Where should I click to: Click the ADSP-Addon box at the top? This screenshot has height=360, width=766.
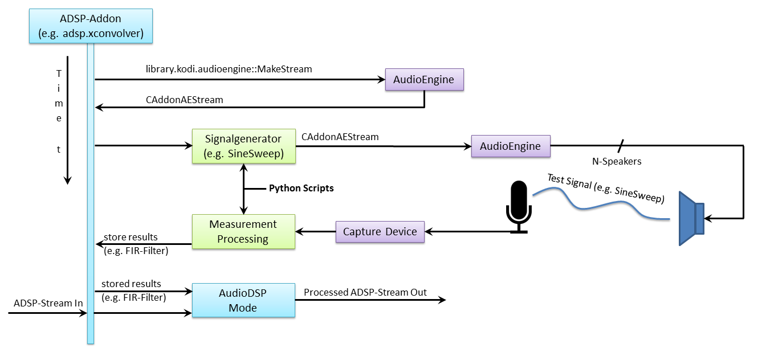[x=91, y=26]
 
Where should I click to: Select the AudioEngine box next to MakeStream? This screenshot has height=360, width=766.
[x=425, y=79]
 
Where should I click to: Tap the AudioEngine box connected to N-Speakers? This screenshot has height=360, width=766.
[x=511, y=146]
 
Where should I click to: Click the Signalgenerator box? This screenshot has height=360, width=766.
[x=243, y=146]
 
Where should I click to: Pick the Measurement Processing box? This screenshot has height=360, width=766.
[x=243, y=231]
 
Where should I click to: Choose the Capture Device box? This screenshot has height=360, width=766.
[x=380, y=232]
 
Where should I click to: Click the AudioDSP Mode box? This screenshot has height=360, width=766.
[x=243, y=300]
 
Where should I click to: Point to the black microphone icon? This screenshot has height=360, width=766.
[x=519, y=207]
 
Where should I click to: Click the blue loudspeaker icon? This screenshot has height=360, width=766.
[x=691, y=219]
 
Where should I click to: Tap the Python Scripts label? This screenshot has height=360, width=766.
[x=301, y=188]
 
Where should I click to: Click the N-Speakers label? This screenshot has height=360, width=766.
[x=617, y=161]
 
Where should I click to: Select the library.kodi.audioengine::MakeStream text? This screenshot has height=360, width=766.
[x=229, y=69]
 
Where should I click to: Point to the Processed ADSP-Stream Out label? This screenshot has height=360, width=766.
[x=365, y=292]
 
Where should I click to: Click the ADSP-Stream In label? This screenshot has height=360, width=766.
[x=48, y=303]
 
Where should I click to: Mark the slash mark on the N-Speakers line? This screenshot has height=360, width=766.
[x=621, y=146]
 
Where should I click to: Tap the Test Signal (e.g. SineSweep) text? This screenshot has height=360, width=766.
[x=606, y=189]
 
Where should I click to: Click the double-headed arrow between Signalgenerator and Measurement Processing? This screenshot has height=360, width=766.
[x=243, y=189]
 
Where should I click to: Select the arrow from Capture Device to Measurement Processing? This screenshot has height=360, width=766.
[x=315, y=232]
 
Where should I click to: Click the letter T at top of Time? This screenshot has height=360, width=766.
[x=59, y=73]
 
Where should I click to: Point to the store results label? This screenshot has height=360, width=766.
[x=131, y=237]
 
